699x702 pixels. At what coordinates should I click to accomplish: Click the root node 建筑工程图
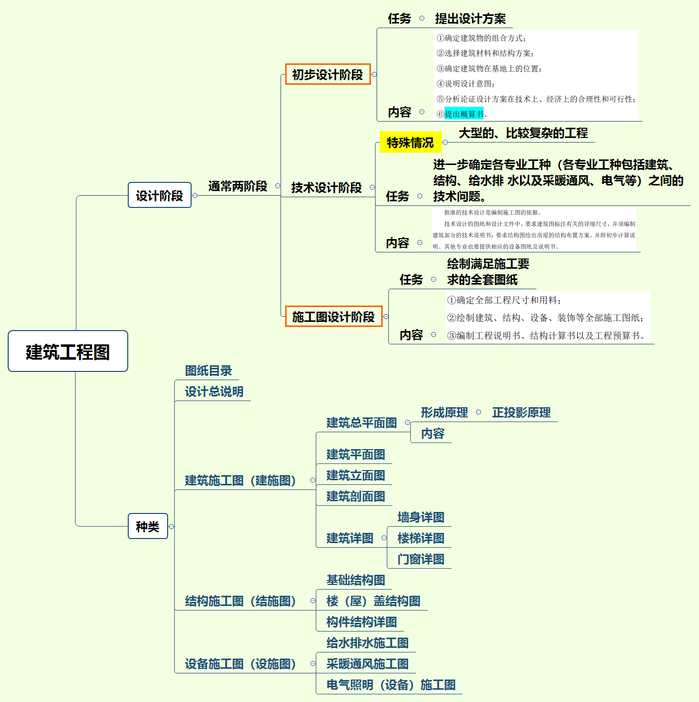68,352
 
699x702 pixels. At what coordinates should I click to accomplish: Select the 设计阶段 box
159,195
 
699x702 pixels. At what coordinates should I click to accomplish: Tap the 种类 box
148,526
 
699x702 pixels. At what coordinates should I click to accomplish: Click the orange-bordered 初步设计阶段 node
328,75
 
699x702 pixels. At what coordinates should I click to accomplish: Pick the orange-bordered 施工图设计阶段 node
333,317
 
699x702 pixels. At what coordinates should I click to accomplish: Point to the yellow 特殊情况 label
410,143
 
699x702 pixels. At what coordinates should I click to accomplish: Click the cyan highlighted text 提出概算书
464,114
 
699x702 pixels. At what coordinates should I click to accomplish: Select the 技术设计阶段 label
327,188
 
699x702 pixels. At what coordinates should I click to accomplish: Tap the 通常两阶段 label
238,186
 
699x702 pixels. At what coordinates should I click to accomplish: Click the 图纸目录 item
208,371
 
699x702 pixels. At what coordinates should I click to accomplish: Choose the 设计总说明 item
214,392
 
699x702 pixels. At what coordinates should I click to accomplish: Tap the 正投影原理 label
521,413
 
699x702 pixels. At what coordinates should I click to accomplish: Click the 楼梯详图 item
421,539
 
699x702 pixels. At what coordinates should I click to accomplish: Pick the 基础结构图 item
356,580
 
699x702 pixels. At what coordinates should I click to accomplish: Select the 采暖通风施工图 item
367,664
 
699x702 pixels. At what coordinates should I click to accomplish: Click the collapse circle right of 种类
172,527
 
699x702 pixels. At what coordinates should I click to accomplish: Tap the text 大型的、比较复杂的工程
523,133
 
